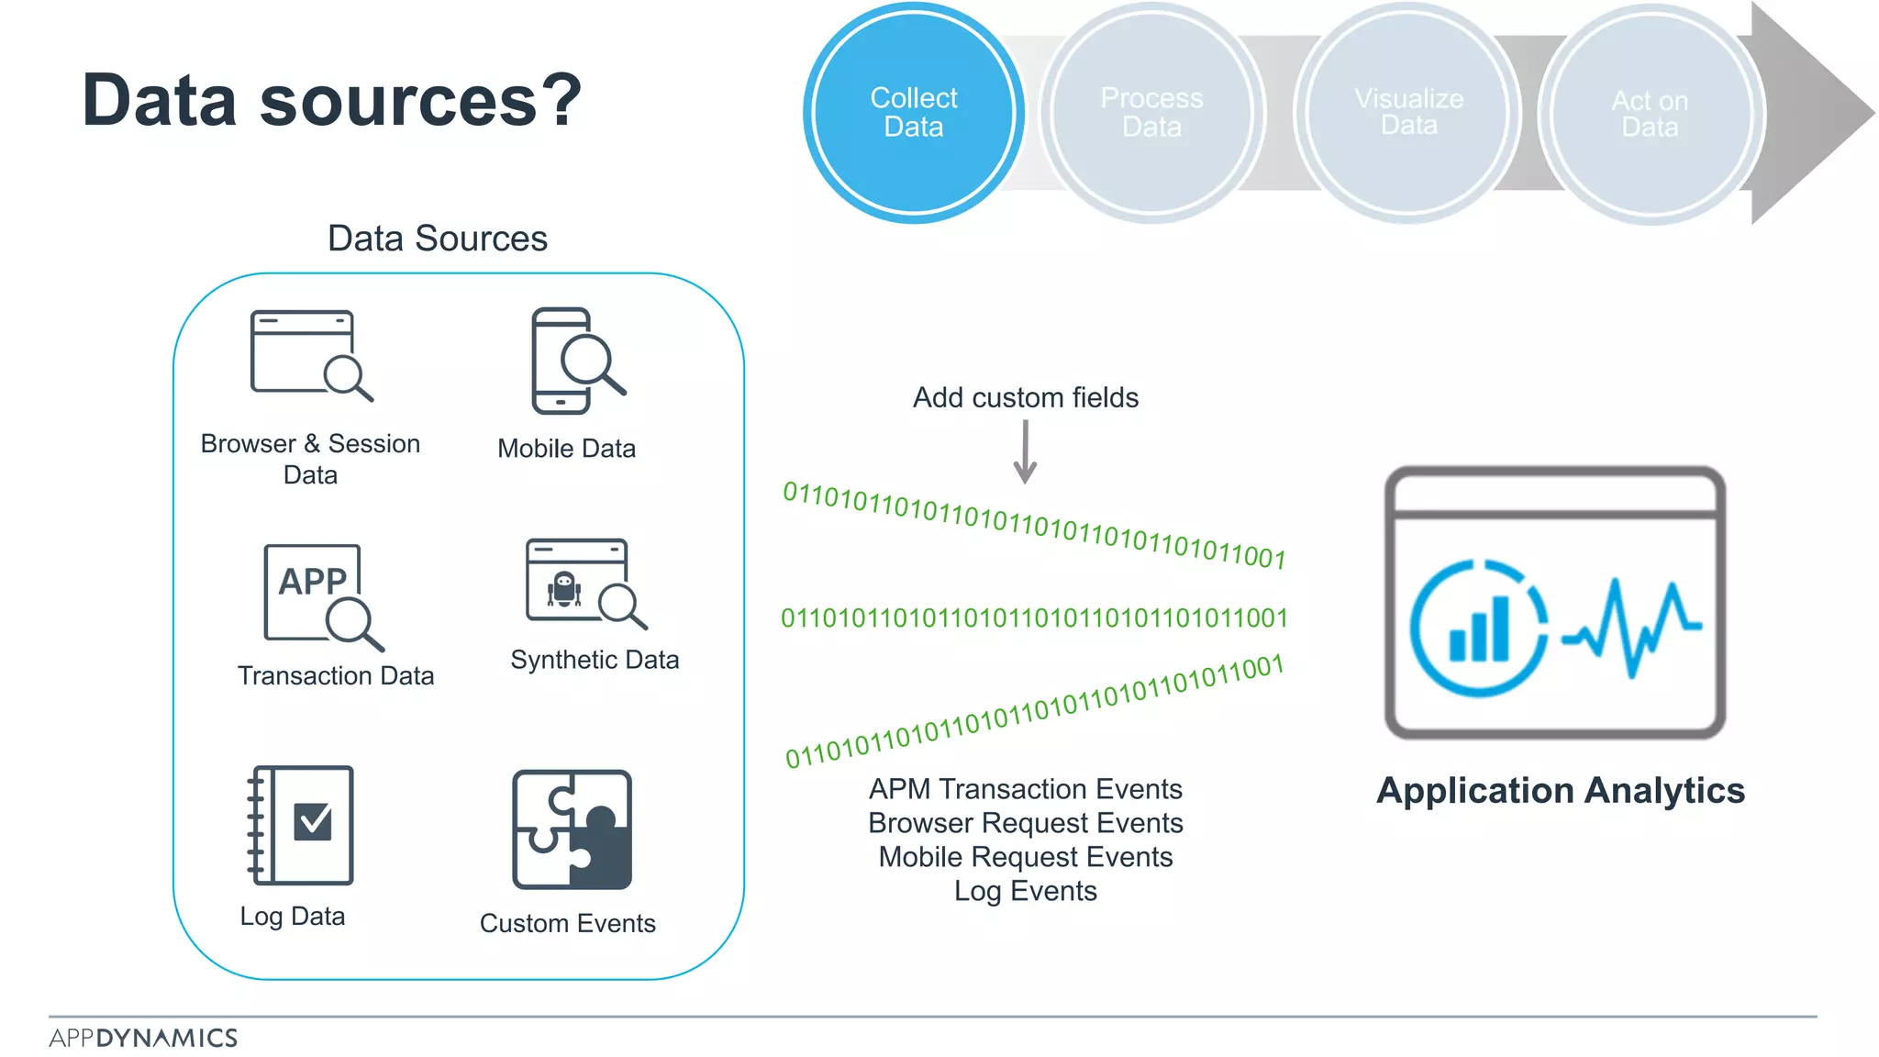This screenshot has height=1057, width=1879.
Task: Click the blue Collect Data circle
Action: click(913, 113)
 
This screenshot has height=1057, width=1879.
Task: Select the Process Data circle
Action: click(1151, 113)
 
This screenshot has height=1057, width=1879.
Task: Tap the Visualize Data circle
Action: click(1408, 113)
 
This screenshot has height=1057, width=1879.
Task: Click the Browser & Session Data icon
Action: click(310, 356)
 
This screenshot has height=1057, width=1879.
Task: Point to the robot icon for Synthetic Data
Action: click(565, 589)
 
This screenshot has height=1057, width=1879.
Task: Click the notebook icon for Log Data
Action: click(301, 825)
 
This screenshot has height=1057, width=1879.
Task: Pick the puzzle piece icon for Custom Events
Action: click(573, 829)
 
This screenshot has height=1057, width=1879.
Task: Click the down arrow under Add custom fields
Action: click(1025, 452)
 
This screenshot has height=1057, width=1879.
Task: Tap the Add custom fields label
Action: click(1025, 397)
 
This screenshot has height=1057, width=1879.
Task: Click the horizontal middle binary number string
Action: click(1034, 618)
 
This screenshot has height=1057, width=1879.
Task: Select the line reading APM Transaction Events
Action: click(1025, 789)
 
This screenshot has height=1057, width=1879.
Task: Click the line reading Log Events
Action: click(1025, 891)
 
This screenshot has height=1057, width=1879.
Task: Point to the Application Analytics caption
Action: click(1560, 791)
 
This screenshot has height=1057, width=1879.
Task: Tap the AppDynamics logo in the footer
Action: click(143, 1038)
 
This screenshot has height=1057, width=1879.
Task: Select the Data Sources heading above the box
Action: click(437, 239)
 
